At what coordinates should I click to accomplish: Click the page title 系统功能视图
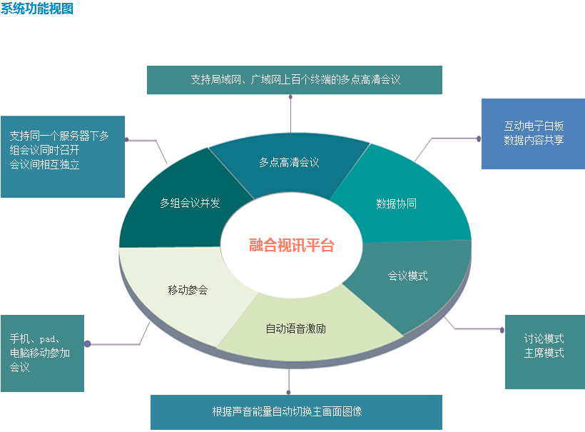click(37, 9)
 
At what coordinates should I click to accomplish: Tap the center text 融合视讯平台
click(292, 246)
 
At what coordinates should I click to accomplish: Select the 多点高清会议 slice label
click(289, 162)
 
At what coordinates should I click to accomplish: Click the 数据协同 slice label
click(396, 204)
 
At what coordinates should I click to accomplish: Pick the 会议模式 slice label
click(407, 275)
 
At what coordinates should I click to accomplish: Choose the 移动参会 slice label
click(188, 290)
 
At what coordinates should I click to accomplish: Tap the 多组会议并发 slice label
click(190, 203)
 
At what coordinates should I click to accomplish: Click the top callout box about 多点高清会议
click(295, 80)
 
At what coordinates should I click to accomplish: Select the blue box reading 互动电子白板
click(533, 134)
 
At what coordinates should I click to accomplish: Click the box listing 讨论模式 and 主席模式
click(544, 351)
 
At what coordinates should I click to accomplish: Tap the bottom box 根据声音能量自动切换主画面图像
click(296, 412)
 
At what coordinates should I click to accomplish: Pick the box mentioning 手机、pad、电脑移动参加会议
click(42, 353)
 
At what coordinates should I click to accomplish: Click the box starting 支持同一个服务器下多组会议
click(62, 156)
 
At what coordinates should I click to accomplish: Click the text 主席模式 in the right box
click(544, 353)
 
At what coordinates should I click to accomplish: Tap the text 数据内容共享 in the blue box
click(534, 140)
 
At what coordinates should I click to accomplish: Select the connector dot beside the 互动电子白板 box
click(479, 139)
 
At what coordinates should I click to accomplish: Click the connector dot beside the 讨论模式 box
click(502, 329)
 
